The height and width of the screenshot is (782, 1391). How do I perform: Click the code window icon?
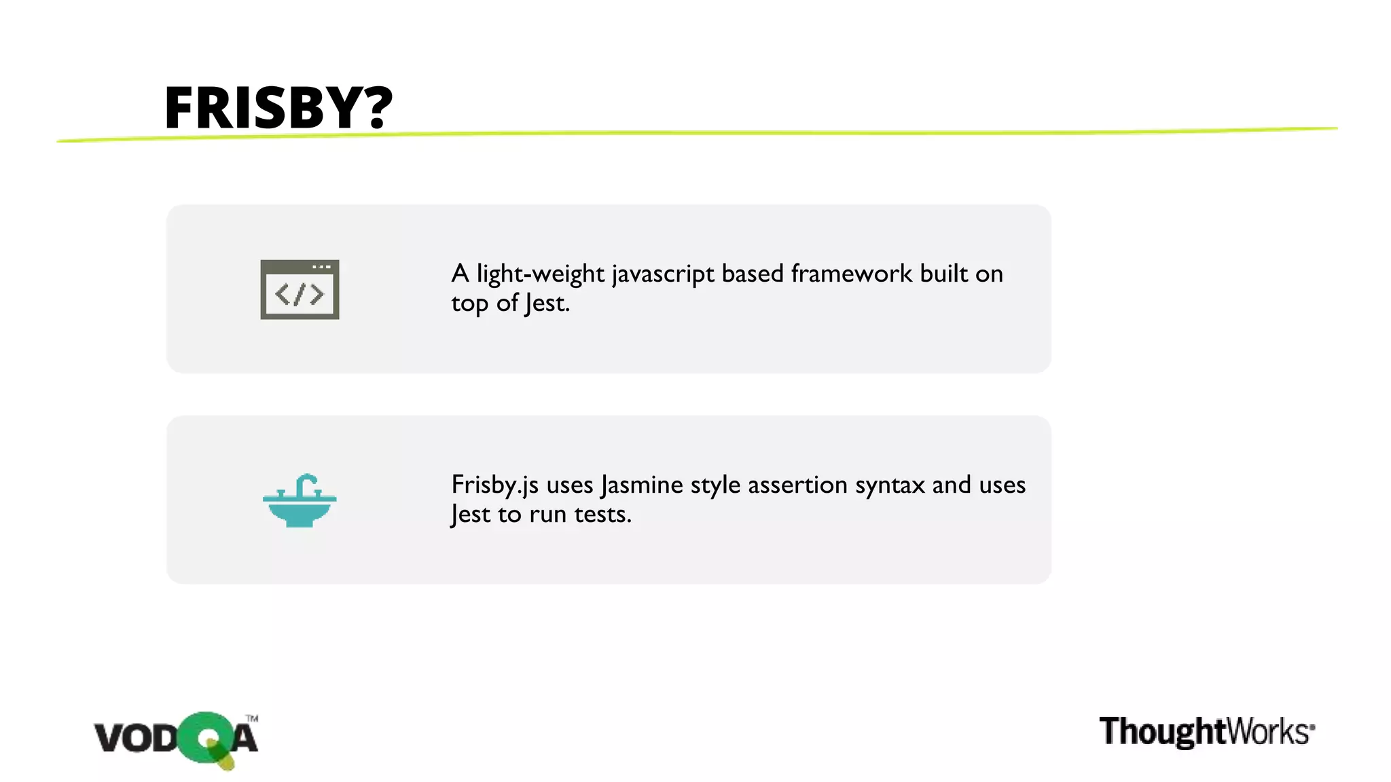click(300, 289)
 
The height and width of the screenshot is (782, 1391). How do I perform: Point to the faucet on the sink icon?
click(306, 483)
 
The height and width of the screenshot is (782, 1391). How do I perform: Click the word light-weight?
click(540, 274)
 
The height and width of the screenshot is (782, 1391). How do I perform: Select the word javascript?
click(663, 275)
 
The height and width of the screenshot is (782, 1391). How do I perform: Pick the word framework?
click(852, 274)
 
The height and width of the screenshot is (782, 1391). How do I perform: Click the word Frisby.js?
click(494, 486)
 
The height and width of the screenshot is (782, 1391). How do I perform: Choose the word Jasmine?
click(642, 486)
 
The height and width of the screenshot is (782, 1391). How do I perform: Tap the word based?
click(753, 274)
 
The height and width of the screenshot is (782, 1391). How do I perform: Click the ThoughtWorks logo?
click(1206, 732)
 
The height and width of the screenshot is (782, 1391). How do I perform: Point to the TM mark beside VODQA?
click(252, 718)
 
